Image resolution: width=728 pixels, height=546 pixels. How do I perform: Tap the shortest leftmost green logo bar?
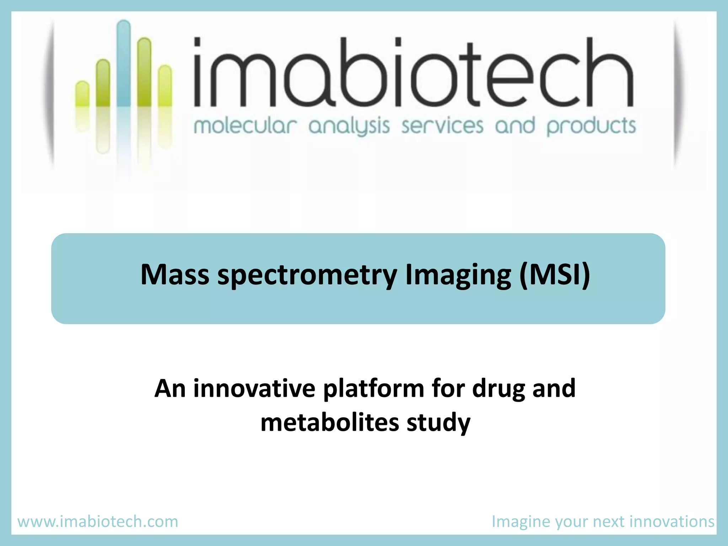(82, 94)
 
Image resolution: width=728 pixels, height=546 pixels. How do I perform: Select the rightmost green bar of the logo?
(165, 85)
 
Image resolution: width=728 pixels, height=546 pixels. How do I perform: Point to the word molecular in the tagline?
(245, 126)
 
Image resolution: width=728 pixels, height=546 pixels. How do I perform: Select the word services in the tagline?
(442, 126)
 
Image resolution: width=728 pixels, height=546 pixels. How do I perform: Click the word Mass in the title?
(175, 274)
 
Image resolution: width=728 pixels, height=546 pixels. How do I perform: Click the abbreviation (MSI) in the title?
(555, 274)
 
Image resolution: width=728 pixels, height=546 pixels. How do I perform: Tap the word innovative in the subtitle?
(254, 388)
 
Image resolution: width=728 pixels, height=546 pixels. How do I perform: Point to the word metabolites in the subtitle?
(330, 422)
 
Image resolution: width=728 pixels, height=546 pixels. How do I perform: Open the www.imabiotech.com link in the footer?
(98, 521)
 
